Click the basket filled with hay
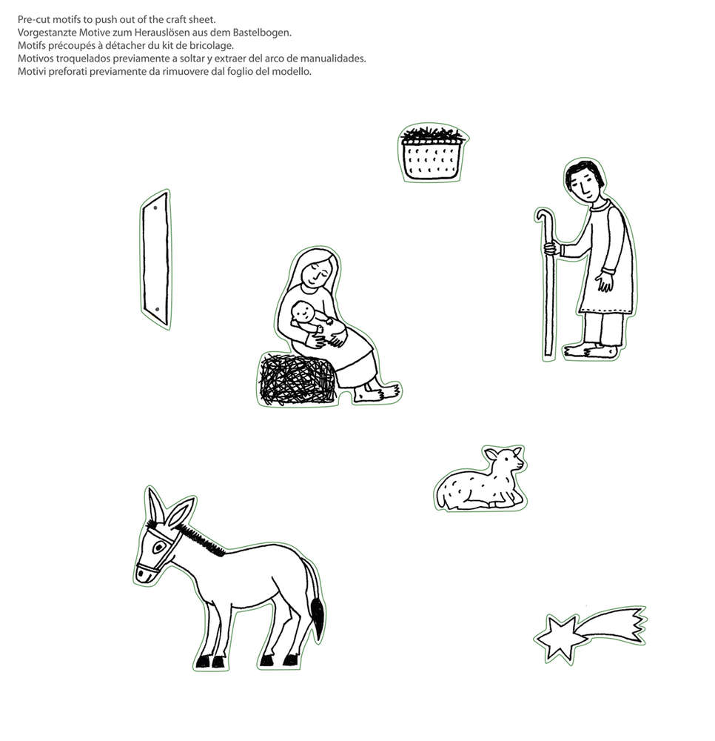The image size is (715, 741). [x=433, y=152]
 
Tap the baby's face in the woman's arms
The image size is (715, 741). [x=303, y=313]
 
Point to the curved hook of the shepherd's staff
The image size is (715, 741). [x=544, y=216]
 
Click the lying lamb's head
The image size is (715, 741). [x=506, y=459]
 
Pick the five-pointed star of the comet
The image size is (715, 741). [x=558, y=637]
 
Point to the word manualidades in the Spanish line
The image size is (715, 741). [x=333, y=59]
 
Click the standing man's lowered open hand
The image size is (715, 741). [x=604, y=282]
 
